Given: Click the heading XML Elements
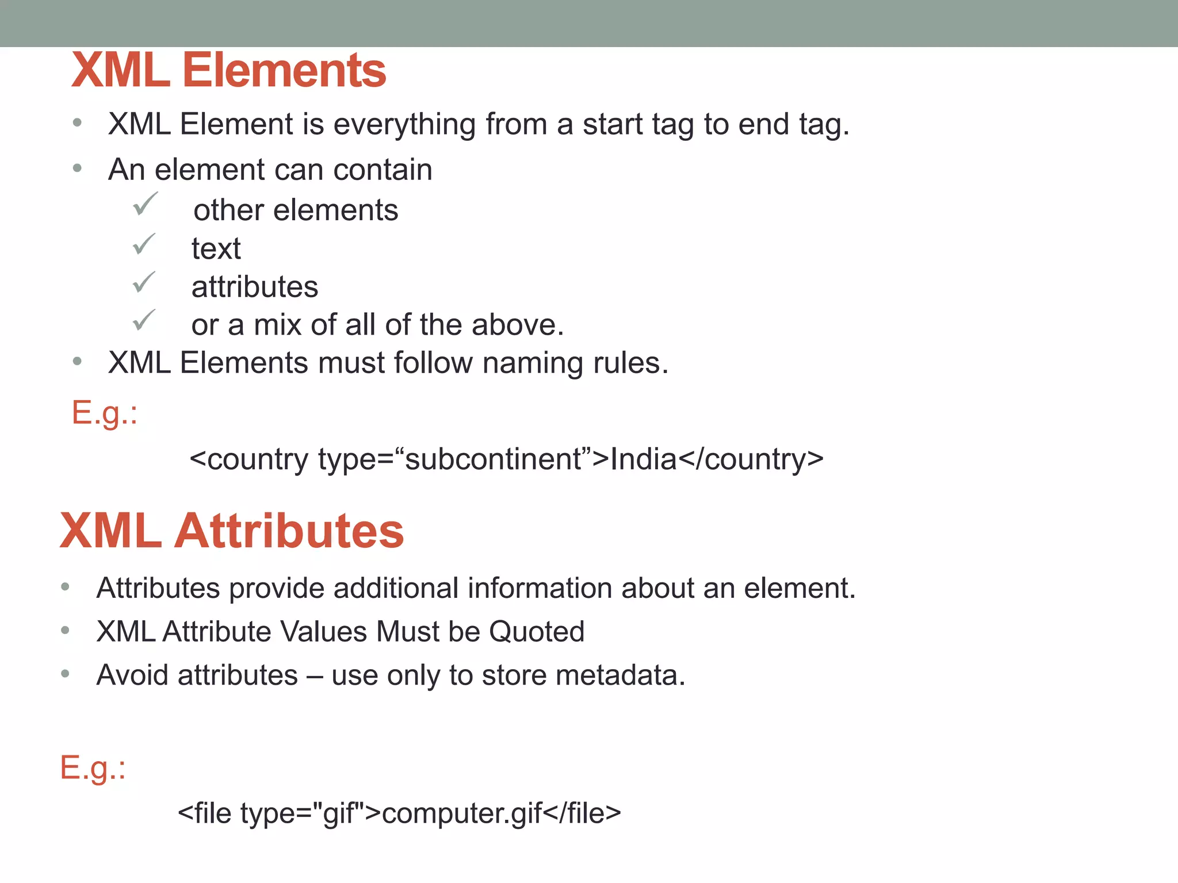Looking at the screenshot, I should coord(228,70).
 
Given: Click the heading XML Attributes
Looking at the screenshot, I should coord(232,531).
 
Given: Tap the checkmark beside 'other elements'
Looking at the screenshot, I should coord(145,205).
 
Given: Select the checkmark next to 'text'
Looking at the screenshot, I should coord(144,244).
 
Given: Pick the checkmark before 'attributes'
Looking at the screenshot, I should coord(144,282).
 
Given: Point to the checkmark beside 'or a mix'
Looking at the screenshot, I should coord(144,320).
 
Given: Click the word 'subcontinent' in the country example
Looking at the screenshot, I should coord(494,459).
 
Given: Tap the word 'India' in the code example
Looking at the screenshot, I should coord(643,459).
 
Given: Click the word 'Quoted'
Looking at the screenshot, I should coord(537,632).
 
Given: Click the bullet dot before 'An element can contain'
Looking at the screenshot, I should coord(78,168).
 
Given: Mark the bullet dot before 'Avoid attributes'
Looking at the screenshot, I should coord(66,674).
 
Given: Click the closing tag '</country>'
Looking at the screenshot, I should coord(751,459).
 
